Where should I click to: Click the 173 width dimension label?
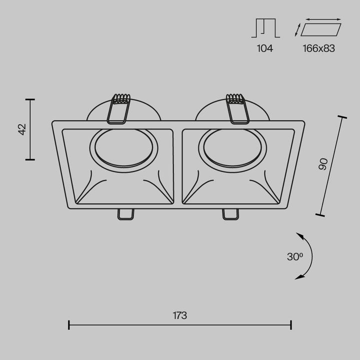tap(180, 315)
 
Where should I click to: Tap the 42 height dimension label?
tap(21, 129)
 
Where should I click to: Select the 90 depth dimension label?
tap(323, 164)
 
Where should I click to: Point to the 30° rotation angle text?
tap(295, 256)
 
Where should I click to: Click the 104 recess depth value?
tap(265, 48)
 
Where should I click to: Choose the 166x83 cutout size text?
tap(318, 48)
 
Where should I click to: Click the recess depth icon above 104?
tap(265, 28)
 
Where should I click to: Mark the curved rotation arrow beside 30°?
tap(306, 255)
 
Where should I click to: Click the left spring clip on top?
tap(119, 108)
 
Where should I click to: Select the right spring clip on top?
tap(237, 108)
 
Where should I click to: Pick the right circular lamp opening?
tap(232, 150)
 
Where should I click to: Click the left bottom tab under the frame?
tap(125, 214)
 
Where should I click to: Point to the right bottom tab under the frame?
tap(230, 214)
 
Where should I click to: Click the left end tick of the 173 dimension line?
tap(69, 325)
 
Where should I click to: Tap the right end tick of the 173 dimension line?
tap(291, 325)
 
